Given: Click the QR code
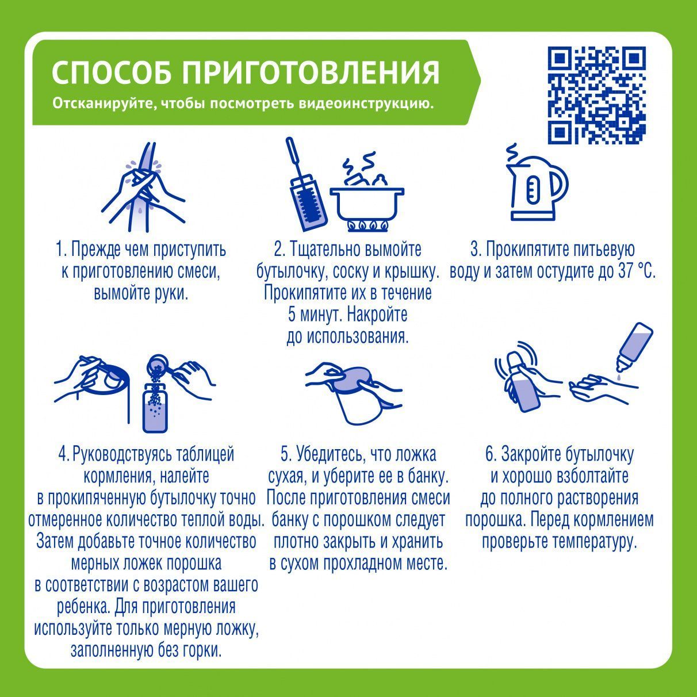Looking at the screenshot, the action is (596, 95).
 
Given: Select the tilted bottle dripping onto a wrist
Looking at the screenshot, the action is (635, 347).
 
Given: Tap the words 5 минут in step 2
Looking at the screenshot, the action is (313, 315).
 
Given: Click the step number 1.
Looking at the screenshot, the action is (60, 250).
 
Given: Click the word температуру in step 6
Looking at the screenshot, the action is (595, 542).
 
